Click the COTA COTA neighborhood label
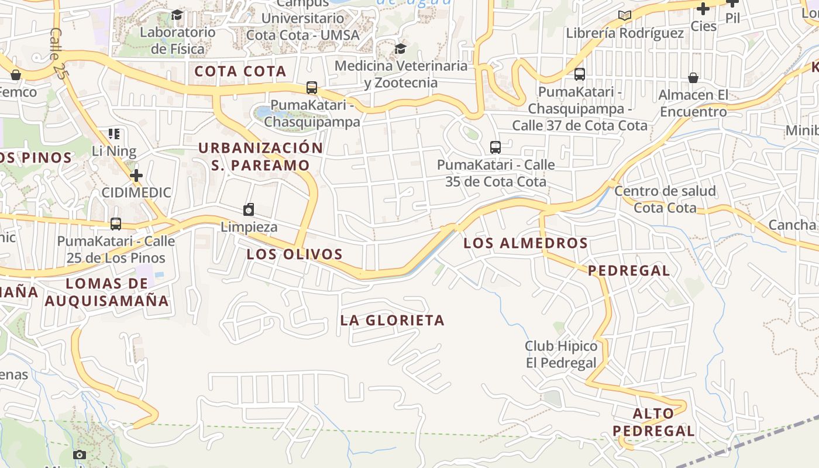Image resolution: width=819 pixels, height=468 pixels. coord(240,71)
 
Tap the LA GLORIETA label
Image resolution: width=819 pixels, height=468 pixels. coord(393,320)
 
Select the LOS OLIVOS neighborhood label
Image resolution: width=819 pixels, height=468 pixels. coord(294,254)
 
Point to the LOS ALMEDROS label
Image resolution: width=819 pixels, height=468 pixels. coord(525,243)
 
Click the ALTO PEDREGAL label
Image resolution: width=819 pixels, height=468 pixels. coord(654,422)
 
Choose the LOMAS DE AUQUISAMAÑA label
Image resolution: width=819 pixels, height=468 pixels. coord(107,292)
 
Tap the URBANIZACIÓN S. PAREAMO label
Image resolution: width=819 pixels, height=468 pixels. coord(260,156)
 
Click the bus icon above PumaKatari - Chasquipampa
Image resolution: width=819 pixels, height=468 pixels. coord(312,88)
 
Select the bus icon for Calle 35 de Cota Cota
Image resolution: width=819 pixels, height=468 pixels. coord(495,147)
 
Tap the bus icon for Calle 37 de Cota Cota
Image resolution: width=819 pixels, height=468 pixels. coord(580,74)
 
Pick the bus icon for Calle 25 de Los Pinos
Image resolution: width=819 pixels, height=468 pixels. coord(116,223)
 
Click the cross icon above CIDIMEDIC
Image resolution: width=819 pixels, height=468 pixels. coord(136,175)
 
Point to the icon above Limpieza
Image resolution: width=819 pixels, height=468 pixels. coord(249,209)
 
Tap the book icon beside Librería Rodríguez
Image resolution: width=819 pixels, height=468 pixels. coord(625,15)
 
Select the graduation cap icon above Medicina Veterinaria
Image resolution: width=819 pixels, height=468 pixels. coord(400,49)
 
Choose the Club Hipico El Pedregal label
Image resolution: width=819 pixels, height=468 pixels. coord(560,355)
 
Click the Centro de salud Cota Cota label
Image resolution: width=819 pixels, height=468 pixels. coord(665,199)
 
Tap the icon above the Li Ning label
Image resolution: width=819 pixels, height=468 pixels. coord(114,134)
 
